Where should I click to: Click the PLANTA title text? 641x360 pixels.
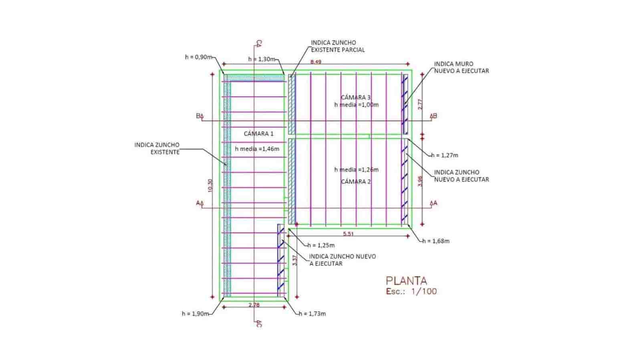406,280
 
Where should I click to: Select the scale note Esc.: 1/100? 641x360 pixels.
411,292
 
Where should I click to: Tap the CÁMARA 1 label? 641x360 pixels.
258,133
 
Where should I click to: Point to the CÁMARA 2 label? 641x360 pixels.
356,181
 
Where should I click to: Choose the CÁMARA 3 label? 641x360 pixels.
356,97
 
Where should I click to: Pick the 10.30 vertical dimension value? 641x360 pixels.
211,185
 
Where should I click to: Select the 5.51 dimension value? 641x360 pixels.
348,234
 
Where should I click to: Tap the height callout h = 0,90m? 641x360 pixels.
198,57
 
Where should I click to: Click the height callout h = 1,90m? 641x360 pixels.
195,314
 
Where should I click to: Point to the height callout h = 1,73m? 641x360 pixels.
312,314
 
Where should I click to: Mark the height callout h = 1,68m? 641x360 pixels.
436,241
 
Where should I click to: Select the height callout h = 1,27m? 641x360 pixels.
444,155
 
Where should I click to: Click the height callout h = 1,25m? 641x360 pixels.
321,245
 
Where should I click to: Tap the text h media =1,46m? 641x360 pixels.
257,149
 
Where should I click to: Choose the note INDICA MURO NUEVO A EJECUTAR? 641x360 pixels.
462,67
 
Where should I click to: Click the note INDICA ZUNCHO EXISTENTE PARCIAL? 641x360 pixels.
338,46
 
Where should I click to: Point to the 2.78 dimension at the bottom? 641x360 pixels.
254,305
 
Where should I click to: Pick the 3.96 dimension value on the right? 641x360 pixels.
420,181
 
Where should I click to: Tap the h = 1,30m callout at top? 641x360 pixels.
262,59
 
